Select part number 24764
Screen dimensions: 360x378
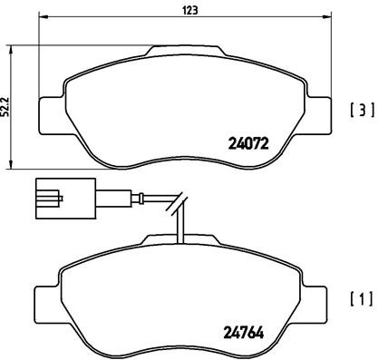click(246, 330)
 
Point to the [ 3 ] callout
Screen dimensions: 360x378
click(361, 112)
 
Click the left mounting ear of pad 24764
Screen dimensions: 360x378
click(48, 298)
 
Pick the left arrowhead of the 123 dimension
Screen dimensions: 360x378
click(42, 19)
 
